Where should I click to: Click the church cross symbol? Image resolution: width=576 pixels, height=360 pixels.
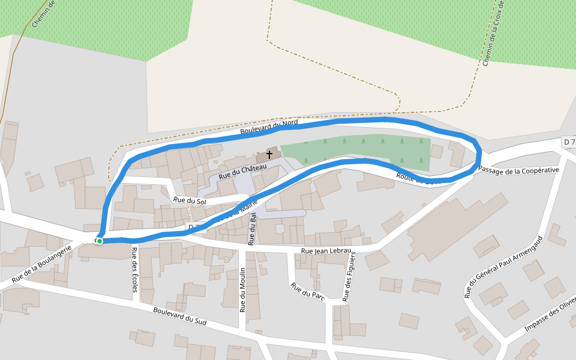click(269, 155)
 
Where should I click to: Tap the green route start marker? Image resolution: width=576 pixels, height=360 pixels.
click(100, 241)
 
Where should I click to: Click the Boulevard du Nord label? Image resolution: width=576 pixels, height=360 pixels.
click(269, 127)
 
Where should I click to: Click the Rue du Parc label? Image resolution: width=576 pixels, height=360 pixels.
click(308, 290)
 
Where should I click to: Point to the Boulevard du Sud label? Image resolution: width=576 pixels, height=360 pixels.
click(179, 316)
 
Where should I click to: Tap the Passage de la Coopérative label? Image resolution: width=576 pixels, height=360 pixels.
click(518, 170)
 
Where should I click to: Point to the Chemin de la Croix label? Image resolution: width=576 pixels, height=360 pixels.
click(494, 33)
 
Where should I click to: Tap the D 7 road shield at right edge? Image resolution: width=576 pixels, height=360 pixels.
click(569, 142)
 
